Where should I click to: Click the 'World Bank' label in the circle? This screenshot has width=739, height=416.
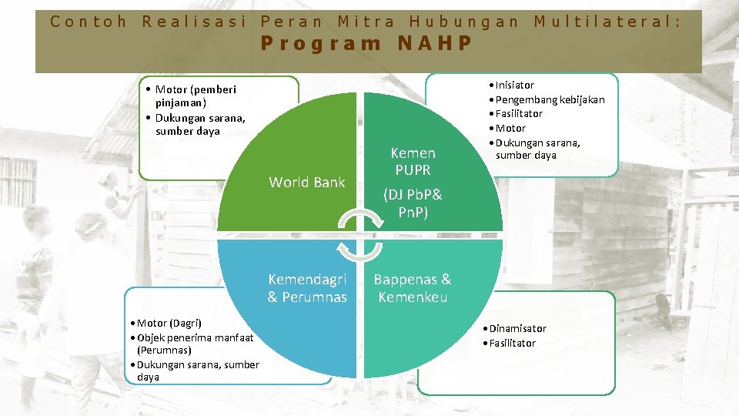[x=307, y=183]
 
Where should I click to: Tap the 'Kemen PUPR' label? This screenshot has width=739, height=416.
[x=413, y=161]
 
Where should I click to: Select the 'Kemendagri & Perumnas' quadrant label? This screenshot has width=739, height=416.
[x=307, y=288]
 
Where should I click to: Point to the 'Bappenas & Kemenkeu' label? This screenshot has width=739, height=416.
[x=413, y=288]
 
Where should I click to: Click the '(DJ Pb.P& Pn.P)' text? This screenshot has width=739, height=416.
[x=413, y=203]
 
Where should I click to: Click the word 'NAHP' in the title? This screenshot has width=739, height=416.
[x=435, y=43]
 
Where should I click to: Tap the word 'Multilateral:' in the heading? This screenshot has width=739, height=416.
[x=607, y=22]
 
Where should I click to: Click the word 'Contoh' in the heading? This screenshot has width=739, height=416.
[x=89, y=22]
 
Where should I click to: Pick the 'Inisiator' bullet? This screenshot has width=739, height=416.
[x=514, y=85]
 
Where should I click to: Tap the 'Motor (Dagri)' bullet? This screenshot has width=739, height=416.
[x=169, y=323]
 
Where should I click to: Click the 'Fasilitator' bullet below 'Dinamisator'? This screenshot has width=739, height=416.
[x=512, y=343]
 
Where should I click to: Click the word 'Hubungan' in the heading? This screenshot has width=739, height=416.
[x=464, y=22]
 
